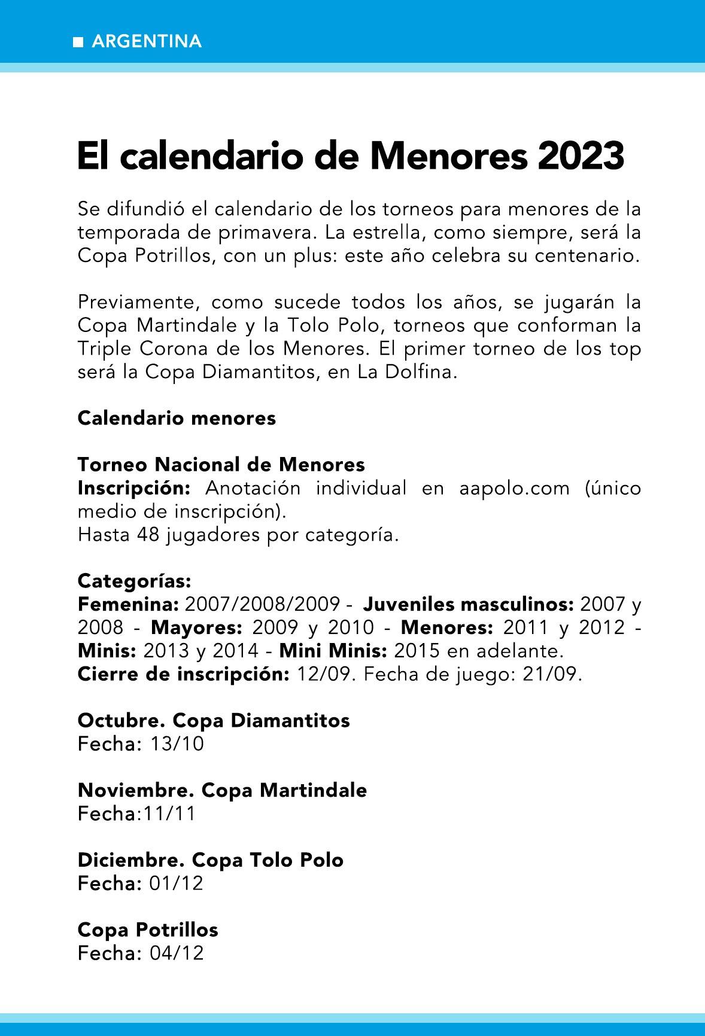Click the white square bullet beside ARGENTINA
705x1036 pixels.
click(x=78, y=42)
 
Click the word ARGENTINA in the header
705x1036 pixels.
click(x=147, y=42)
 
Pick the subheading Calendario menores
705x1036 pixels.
click(x=177, y=418)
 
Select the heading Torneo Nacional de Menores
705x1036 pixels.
click(x=221, y=465)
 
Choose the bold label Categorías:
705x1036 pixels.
click(x=135, y=581)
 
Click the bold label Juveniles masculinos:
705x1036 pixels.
click(x=469, y=604)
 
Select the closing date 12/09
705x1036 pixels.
click(x=324, y=674)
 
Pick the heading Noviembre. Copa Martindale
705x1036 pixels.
click(x=222, y=790)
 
